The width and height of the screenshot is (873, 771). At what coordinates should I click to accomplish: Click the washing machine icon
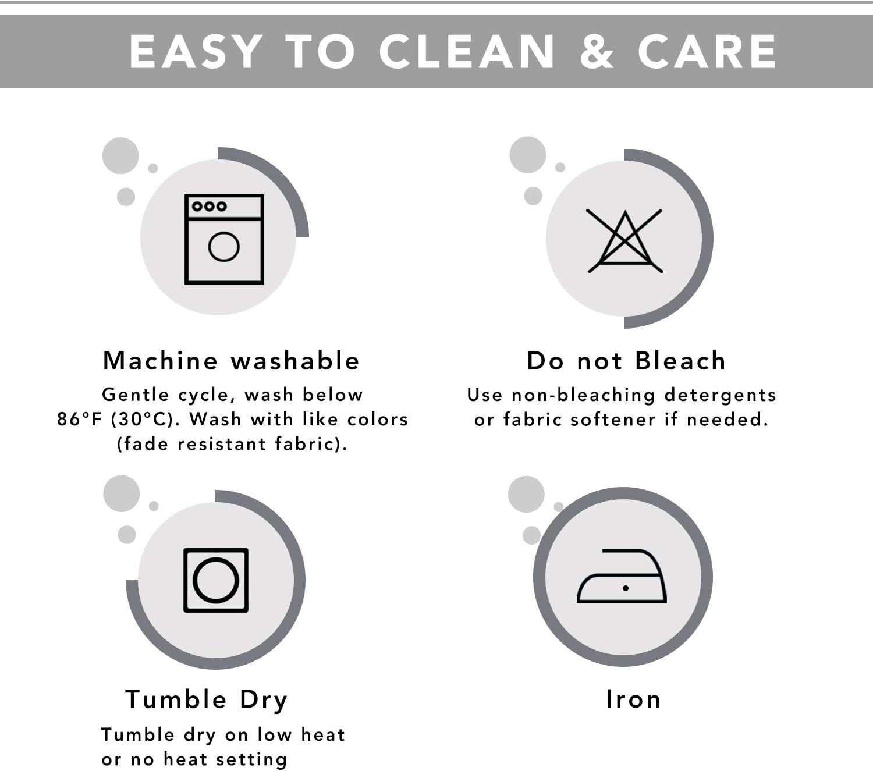224,239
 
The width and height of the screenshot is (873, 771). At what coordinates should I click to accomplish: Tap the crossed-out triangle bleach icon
625,241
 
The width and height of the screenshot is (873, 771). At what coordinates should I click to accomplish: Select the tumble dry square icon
216,580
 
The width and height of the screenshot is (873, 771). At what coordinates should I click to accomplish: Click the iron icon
622,576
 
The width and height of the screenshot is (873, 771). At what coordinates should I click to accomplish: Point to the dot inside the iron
625,588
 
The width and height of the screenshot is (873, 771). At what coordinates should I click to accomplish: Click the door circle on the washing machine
223,247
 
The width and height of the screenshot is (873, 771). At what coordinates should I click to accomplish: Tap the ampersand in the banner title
597,52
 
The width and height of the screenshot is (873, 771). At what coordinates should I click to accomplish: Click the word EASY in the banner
196,52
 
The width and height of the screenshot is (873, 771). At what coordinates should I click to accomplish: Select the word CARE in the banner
707,52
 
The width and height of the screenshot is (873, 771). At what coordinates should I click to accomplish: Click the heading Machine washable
231,360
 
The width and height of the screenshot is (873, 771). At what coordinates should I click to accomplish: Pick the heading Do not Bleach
626,360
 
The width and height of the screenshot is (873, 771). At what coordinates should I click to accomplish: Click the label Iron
633,699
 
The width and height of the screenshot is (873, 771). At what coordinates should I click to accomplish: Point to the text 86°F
79,419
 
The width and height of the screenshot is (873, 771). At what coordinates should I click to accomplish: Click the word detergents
720,396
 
